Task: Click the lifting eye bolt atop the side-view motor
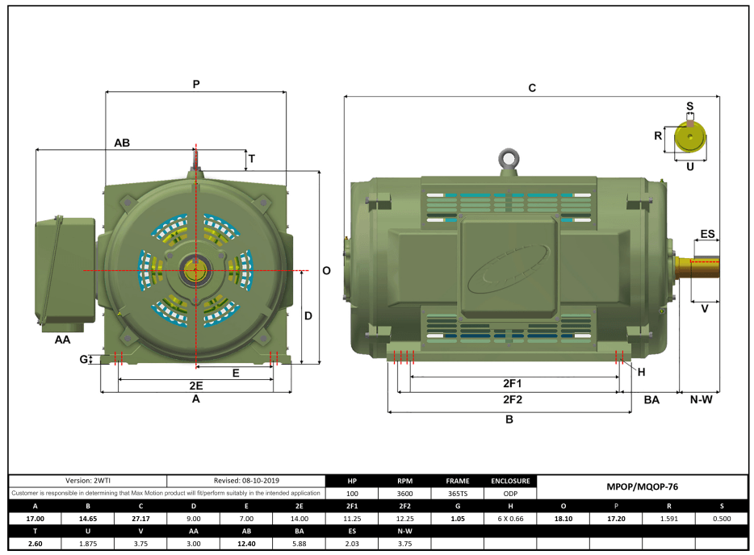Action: click(x=508, y=159)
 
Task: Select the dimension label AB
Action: click(x=122, y=143)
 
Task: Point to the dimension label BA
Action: click(x=651, y=399)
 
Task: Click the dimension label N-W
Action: click(x=699, y=399)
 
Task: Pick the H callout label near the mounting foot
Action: click(x=642, y=372)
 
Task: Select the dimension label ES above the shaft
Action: click(x=707, y=234)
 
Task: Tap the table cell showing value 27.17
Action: click(x=140, y=519)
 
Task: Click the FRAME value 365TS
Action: click(x=457, y=493)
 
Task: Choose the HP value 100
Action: click(x=351, y=493)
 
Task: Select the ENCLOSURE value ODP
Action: click(x=509, y=493)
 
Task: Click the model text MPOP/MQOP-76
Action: click(x=642, y=487)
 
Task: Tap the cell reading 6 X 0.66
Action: click(x=509, y=519)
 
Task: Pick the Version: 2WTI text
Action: click(x=87, y=481)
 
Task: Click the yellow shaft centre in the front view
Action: click(x=195, y=269)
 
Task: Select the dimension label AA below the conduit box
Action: click(x=62, y=340)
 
